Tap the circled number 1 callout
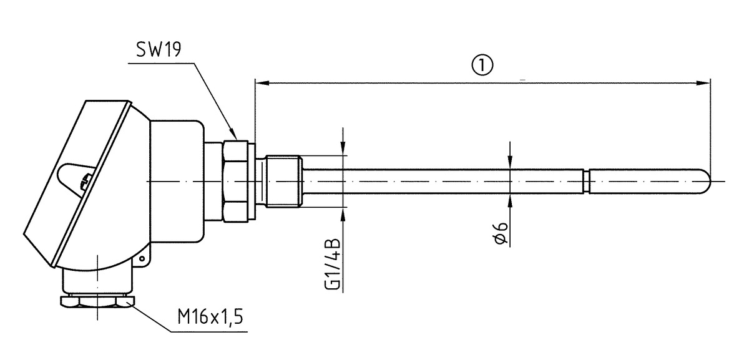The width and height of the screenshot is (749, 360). (483, 64)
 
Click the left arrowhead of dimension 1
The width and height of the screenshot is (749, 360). (260, 82)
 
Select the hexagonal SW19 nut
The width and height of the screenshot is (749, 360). (238, 181)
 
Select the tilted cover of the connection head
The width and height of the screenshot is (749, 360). (75, 181)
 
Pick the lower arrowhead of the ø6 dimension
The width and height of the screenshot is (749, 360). (511, 198)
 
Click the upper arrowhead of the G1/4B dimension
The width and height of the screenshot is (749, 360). (343, 150)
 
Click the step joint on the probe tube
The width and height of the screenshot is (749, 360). (586, 181)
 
